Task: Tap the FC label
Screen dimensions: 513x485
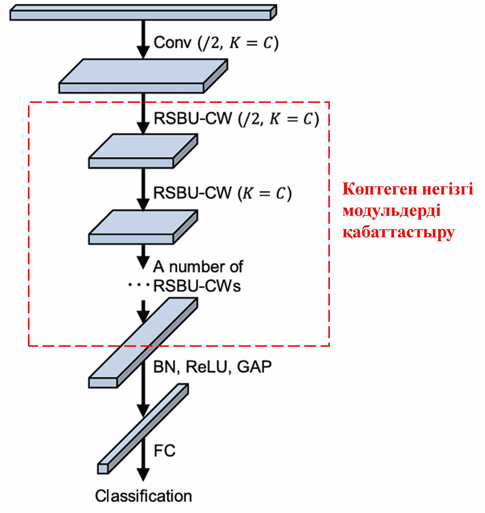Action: point(165,451)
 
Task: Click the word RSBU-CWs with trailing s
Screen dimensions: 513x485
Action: point(197,286)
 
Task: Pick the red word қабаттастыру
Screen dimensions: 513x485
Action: point(398,232)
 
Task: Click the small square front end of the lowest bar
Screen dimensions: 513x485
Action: point(103,469)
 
